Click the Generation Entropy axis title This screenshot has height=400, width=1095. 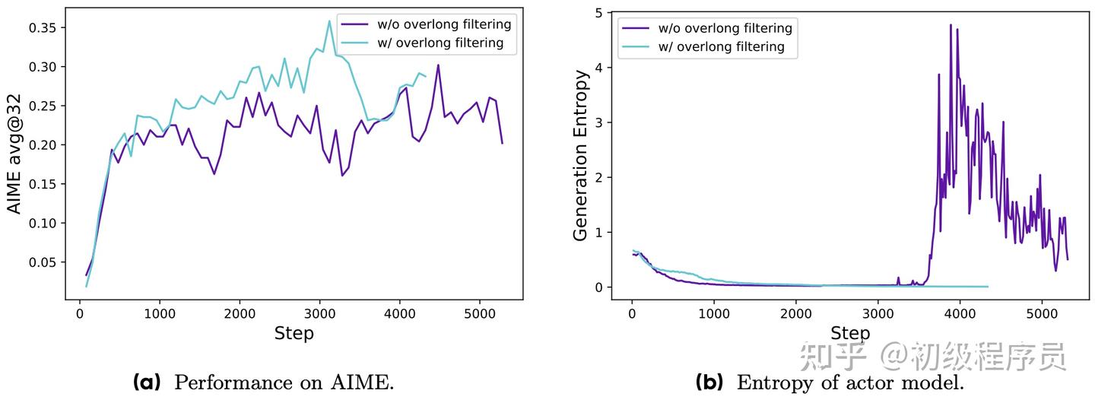[x=581, y=156]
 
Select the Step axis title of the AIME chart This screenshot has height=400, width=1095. [x=294, y=333]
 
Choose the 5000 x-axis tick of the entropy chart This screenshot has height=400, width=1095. [x=1041, y=313]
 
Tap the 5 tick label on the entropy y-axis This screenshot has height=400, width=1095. [x=598, y=12]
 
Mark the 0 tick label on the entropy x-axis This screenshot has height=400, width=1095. [x=632, y=313]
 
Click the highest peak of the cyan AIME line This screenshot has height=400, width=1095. [x=329, y=21]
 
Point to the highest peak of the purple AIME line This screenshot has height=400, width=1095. [x=438, y=65]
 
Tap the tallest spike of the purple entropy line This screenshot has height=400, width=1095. [x=951, y=25]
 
